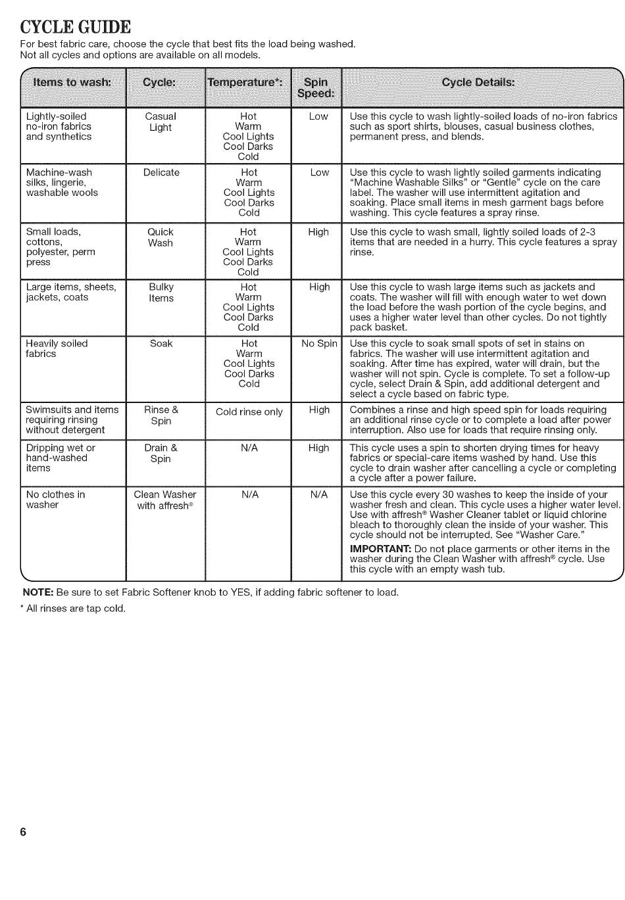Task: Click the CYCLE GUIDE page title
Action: (x=76, y=27)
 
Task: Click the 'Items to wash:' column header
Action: (x=72, y=82)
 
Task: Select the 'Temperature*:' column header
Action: (x=245, y=82)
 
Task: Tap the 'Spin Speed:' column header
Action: (x=316, y=87)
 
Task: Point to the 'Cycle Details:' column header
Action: (x=478, y=82)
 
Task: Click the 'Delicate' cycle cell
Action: (x=161, y=173)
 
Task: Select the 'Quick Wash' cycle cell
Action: (x=161, y=237)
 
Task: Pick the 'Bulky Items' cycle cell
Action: (x=161, y=293)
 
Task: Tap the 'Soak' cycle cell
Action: (x=161, y=344)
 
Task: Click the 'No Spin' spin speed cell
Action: (x=319, y=344)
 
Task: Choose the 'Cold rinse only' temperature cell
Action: (x=249, y=412)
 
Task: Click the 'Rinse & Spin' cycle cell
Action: (x=161, y=415)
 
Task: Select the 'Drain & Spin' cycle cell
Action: (x=161, y=454)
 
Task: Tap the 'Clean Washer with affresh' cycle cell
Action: (x=164, y=500)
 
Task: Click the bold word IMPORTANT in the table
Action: (x=380, y=549)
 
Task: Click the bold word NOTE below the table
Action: (x=38, y=592)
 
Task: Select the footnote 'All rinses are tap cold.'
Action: (x=75, y=609)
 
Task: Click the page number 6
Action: (x=24, y=832)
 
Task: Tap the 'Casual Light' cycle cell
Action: (x=161, y=122)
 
